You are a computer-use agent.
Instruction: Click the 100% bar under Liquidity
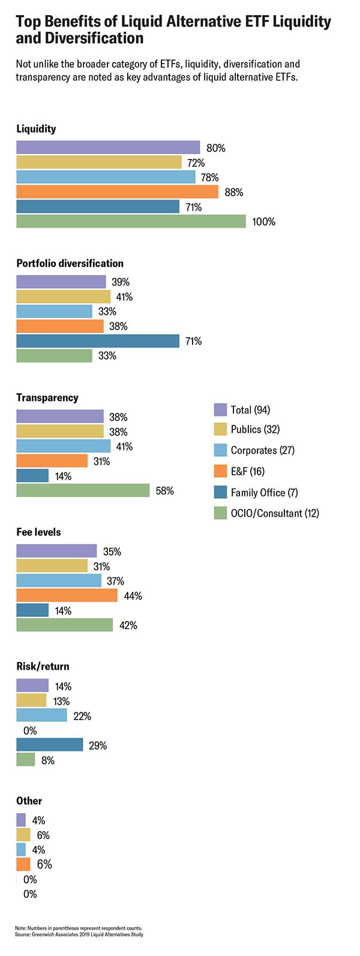tap(131, 221)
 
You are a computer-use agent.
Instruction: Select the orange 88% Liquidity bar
tap(117, 192)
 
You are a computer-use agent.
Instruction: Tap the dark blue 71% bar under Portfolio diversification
tap(98, 341)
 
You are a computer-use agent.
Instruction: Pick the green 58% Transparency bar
tap(83, 490)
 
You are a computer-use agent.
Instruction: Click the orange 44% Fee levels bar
tap(67, 595)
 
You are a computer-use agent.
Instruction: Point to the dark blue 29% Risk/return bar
tap(49, 745)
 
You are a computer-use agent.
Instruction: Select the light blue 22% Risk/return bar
tap(41, 715)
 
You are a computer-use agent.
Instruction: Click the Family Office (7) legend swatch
tap(220, 492)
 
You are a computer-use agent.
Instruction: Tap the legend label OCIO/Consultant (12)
tap(275, 513)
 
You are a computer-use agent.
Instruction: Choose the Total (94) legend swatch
tap(220, 410)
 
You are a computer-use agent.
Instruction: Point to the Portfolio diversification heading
tap(70, 263)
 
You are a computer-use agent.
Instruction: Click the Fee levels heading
tap(38, 532)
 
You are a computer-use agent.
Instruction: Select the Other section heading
tap(29, 801)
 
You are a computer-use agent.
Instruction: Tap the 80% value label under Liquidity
tap(215, 148)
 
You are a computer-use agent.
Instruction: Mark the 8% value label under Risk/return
tap(48, 760)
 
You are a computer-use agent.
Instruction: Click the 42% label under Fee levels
tap(128, 625)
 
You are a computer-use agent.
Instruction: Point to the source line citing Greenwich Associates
tap(79, 934)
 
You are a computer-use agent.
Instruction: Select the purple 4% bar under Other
tap(21, 820)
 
